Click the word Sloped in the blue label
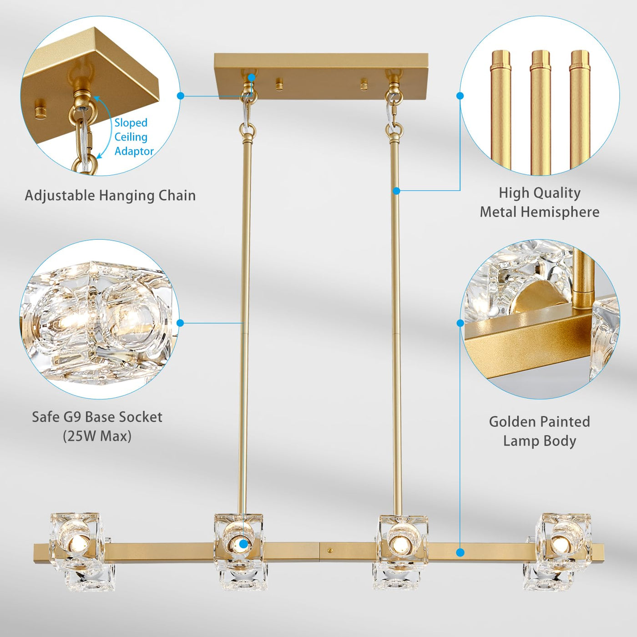pos(131,123)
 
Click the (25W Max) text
pos(97,436)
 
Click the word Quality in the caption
pos(558,193)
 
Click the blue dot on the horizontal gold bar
pos(460,552)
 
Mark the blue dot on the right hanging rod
pos(396,191)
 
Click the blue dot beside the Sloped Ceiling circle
pos(180,96)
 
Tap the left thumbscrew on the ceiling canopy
pos(279,84)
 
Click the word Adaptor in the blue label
pos(134,151)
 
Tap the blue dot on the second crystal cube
pos(243,544)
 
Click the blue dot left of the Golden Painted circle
pos(460,323)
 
